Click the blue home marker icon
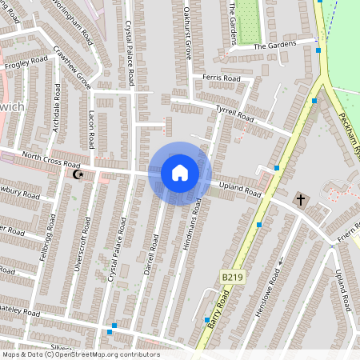(x=180, y=173)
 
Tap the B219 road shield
(x=232, y=277)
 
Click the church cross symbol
(x=301, y=198)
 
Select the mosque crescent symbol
(x=78, y=174)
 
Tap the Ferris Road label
(x=222, y=78)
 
